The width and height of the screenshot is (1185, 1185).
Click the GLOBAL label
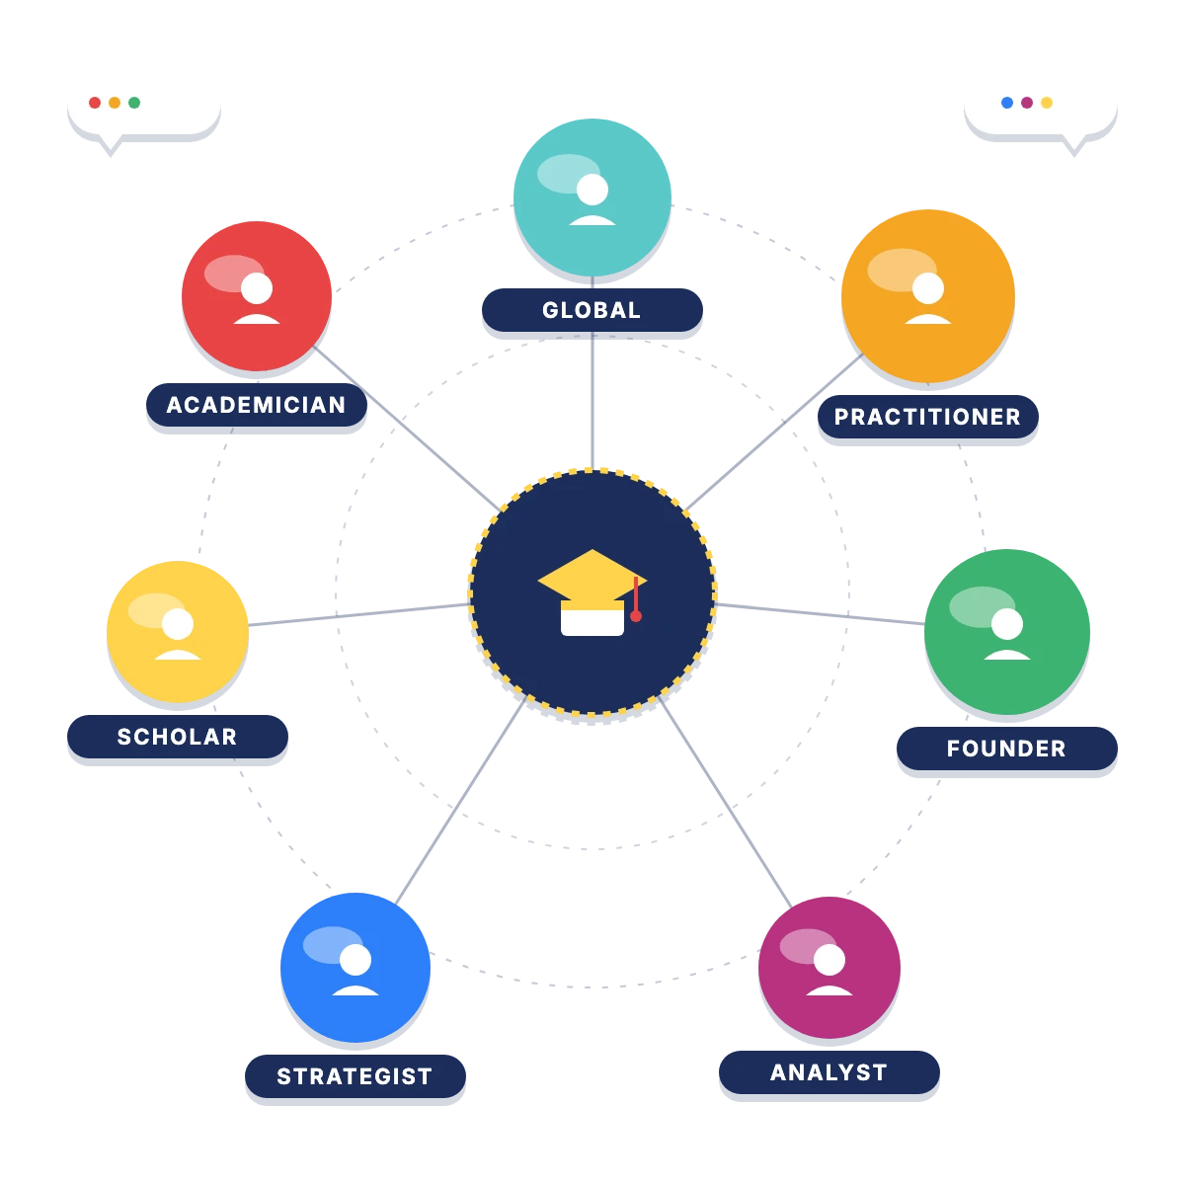click(592, 310)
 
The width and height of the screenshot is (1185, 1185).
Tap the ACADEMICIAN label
click(257, 405)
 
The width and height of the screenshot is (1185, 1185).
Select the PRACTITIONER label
click(928, 417)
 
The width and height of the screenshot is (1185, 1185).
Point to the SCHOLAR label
click(177, 736)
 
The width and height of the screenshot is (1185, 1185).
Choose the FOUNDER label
click(1006, 748)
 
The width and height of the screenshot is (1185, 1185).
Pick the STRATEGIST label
click(355, 1076)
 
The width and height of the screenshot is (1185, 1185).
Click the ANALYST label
click(829, 1072)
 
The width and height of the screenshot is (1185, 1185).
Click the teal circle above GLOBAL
click(592, 197)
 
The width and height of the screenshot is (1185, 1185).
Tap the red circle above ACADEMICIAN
click(257, 296)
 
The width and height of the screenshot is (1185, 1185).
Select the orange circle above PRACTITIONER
click(928, 296)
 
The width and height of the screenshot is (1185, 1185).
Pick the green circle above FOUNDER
click(1006, 632)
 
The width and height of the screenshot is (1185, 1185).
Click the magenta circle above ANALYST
click(829, 968)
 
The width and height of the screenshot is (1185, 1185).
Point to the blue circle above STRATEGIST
click(355, 968)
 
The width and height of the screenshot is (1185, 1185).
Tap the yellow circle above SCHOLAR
click(178, 632)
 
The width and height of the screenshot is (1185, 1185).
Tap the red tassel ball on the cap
click(636, 616)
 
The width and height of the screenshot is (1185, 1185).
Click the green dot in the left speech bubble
click(134, 103)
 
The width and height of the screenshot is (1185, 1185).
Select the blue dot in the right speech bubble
click(1006, 103)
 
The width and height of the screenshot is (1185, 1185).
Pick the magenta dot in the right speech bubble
click(1026, 103)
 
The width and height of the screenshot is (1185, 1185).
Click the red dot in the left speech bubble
click(95, 103)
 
